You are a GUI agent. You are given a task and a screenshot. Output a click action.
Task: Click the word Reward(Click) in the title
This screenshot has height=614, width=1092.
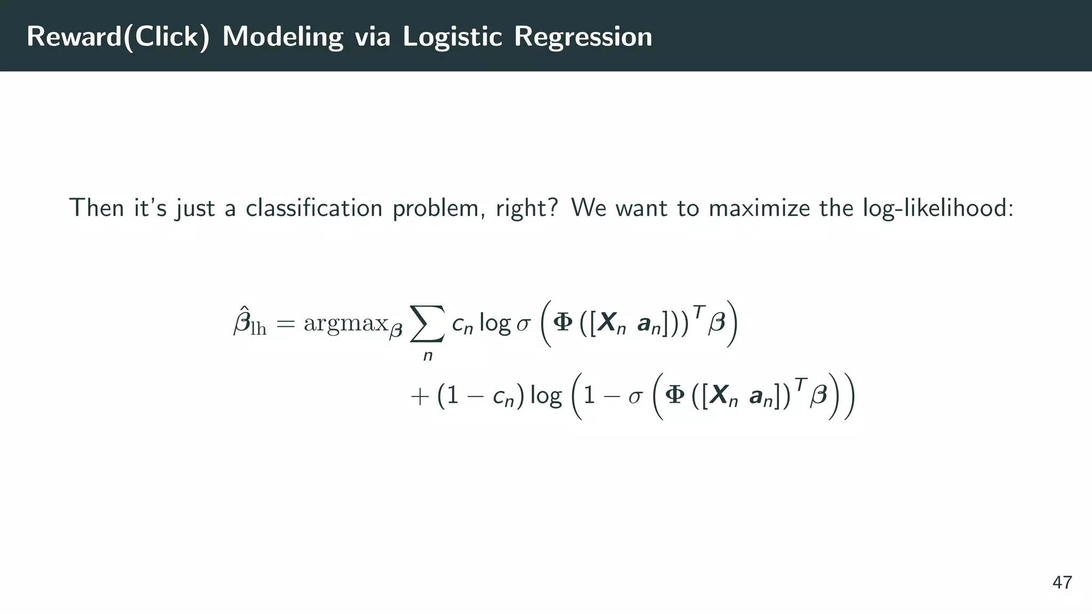[x=118, y=37]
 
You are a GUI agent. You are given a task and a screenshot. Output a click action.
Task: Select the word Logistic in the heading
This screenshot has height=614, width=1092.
[x=452, y=37]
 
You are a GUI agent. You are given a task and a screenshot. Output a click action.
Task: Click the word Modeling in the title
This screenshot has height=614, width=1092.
[x=283, y=37]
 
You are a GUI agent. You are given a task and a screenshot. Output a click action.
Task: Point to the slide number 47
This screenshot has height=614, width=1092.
[x=1062, y=583]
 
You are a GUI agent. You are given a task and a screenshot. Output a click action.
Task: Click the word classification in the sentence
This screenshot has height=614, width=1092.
[x=314, y=208]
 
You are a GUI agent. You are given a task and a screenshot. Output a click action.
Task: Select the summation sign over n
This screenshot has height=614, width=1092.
[x=427, y=324]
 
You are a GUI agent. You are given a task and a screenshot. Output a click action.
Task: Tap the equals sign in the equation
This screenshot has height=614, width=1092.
[x=285, y=323]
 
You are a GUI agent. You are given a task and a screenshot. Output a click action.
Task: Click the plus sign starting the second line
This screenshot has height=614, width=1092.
[x=420, y=397]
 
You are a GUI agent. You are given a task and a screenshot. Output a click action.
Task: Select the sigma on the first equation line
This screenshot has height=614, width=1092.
[x=523, y=324]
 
